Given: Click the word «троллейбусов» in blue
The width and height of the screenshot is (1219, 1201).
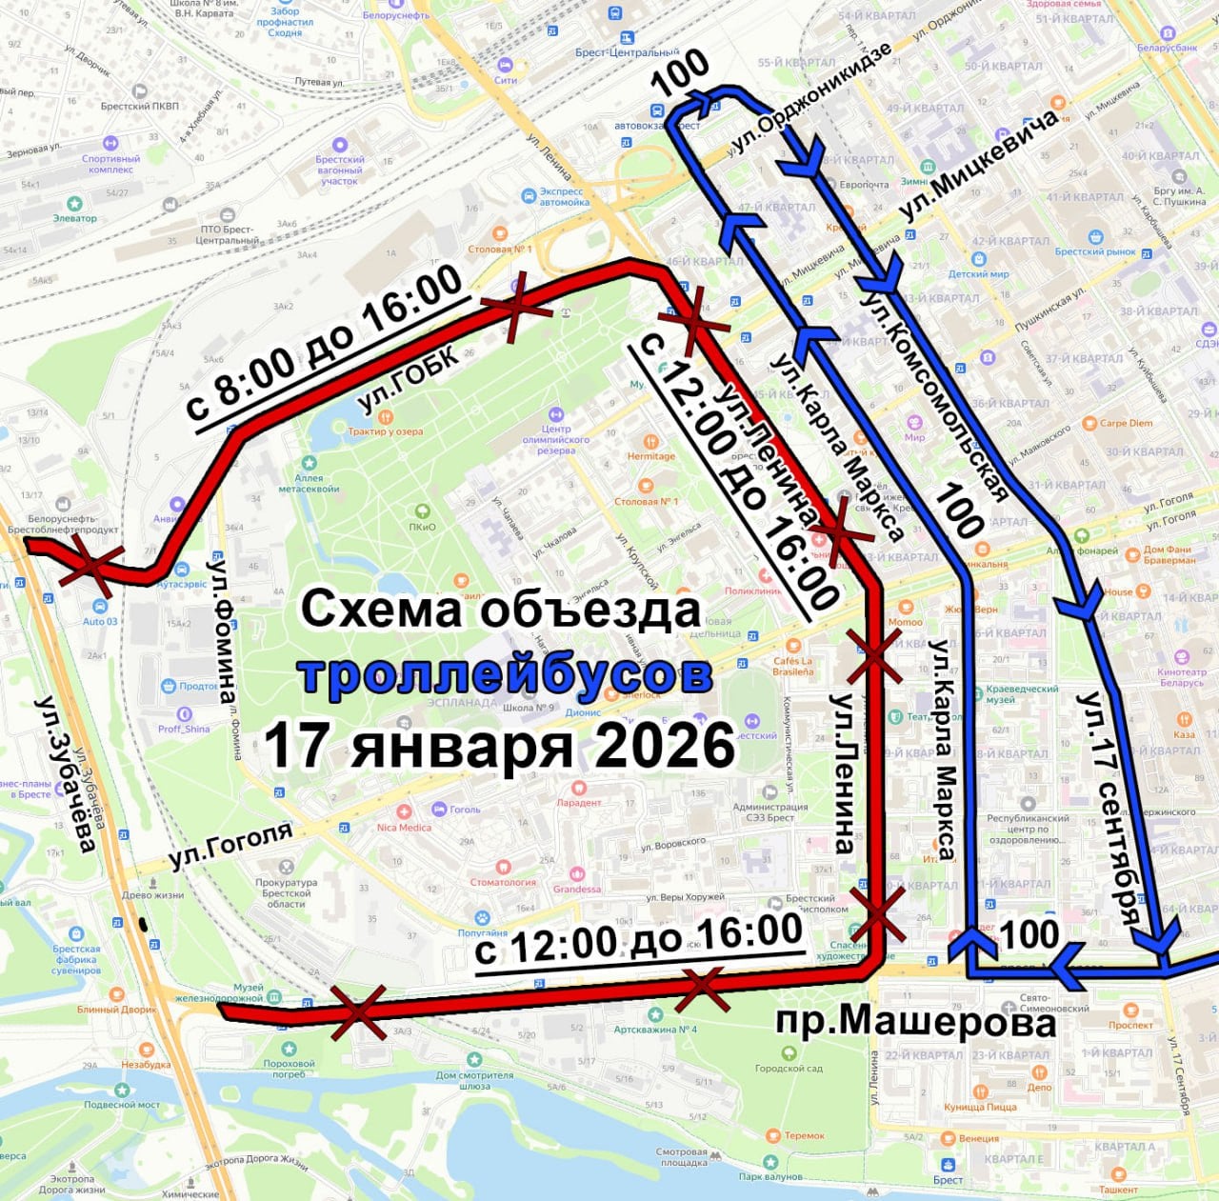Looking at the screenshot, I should [x=505, y=675].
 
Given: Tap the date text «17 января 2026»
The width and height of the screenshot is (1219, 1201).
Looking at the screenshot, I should [x=500, y=745].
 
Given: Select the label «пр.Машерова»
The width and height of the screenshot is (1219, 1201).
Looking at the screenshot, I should [x=916, y=1022].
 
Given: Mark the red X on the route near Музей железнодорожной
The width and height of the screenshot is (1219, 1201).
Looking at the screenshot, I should [x=358, y=1011].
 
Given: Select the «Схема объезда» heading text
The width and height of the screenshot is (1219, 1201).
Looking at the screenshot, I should [x=501, y=610].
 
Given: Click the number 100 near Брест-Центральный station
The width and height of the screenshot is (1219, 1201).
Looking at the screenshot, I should [x=681, y=72].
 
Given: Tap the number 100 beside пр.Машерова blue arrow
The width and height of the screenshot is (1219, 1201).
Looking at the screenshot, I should [x=1029, y=934].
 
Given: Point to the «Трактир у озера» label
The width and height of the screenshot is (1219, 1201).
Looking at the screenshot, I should [x=385, y=431].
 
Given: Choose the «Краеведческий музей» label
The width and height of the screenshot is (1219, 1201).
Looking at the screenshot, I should [x=1022, y=693].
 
